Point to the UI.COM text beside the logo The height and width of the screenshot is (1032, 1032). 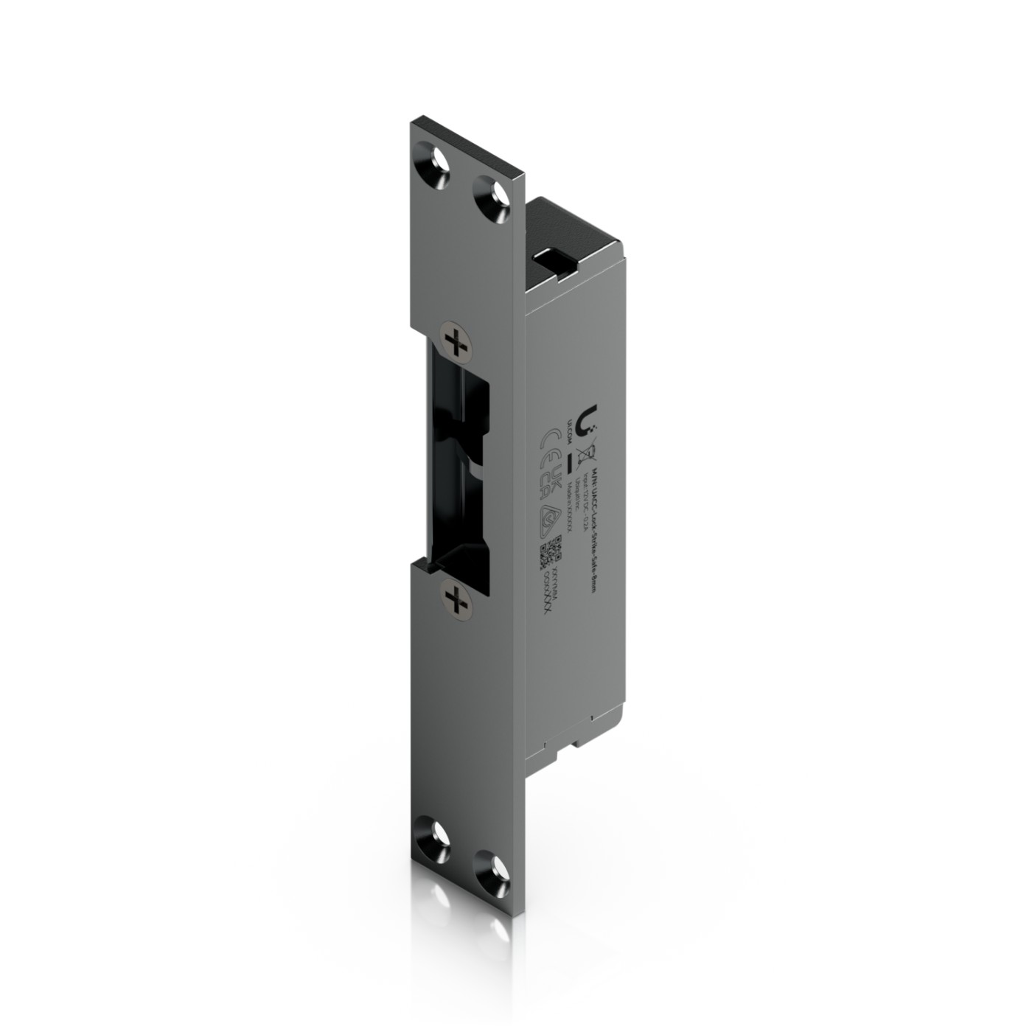(x=569, y=425)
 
